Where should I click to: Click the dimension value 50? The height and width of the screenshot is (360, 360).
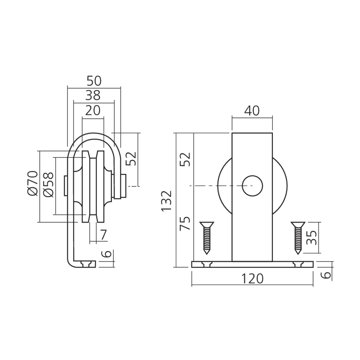click(x=94, y=81)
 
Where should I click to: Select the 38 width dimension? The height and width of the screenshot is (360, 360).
click(x=93, y=95)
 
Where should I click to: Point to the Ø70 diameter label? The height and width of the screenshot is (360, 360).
click(x=32, y=183)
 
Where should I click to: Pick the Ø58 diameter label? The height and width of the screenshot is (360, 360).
click(x=49, y=185)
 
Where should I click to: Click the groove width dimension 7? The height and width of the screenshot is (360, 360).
click(x=104, y=235)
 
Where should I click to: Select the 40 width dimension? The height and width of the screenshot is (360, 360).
click(x=252, y=111)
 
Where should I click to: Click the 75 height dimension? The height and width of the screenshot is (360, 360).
click(x=185, y=224)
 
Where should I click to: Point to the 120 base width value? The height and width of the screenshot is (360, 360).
click(x=252, y=279)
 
